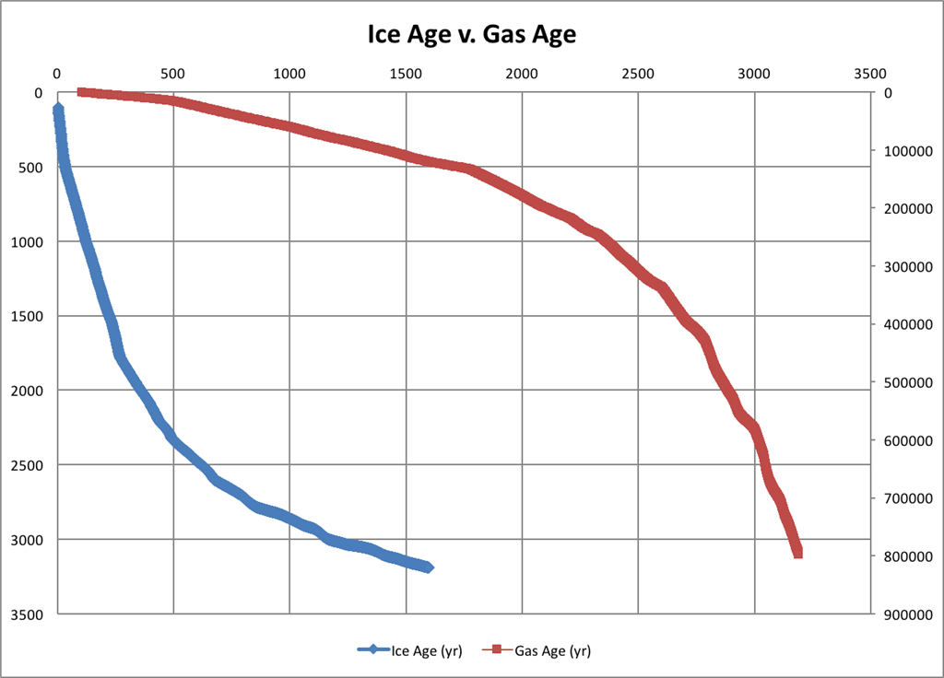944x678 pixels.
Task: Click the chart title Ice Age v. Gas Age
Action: pos(471,36)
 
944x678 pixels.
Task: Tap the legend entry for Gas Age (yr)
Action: pos(544,650)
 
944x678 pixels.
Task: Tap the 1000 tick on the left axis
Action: pos(29,241)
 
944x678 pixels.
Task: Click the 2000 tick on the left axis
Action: pos(29,391)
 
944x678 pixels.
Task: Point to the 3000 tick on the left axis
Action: pos(29,539)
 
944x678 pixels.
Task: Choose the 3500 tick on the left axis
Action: pos(29,614)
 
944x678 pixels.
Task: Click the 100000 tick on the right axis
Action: pos(908,151)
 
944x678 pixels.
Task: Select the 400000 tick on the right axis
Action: pos(908,324)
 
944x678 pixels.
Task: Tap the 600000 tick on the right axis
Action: pos(908,440)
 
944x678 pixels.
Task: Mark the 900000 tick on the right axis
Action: pos(908,614)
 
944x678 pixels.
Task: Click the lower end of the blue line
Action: pos(428,567)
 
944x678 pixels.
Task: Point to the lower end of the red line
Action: pos(797,553)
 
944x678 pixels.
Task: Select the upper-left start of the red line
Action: pos(81,92)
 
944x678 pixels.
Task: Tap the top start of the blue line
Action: pos(58,110)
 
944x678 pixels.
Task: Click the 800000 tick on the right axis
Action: pos(908,556)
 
